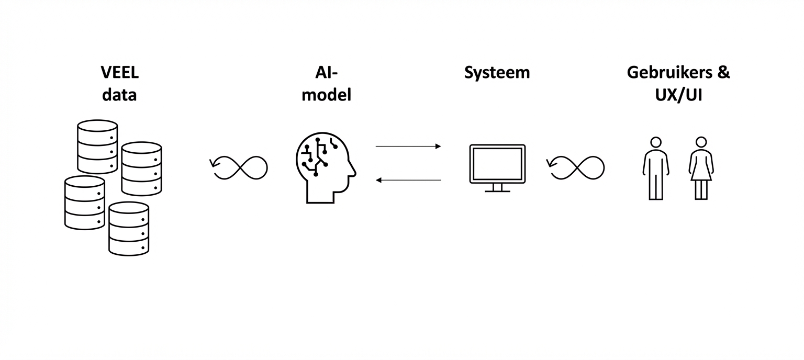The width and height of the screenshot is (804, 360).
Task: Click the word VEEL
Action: pos(119,73)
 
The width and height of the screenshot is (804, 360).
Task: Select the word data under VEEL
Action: pos(119,95)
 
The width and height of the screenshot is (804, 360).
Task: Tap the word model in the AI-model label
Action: pos(327,95)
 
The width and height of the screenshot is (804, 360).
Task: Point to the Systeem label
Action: pos(497,73)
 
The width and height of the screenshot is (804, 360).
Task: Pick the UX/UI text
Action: pos(678,95)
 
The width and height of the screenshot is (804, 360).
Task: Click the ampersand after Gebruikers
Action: pos(723,73)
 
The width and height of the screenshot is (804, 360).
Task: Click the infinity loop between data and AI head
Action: pos(239,167)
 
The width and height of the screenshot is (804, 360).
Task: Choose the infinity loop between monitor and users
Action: pos(576,167)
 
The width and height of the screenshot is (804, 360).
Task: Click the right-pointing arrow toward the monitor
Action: pos(408,147)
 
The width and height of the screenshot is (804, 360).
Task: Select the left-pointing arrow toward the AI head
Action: pos(408,180)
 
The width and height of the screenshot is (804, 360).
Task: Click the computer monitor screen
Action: pos(497,163)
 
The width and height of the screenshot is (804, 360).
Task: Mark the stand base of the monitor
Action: pos(497,191)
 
